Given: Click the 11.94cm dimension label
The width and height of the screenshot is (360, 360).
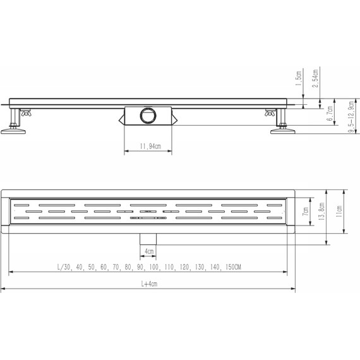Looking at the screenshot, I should pyautogui.click(x=146, y=147).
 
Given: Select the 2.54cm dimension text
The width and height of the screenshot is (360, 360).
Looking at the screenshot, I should pyautogui.click(x=315, y=78).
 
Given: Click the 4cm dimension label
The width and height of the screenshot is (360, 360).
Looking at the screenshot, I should pyautogui.click(x=149, y=251).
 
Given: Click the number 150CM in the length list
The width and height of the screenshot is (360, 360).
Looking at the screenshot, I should pyautogui.click(x=231, y=268).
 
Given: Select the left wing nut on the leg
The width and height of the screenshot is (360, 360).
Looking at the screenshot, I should pyautogui.click(x=27, y=114).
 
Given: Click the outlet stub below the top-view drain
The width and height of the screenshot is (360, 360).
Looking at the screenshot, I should pyautogui.click(x=148, y=236).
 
